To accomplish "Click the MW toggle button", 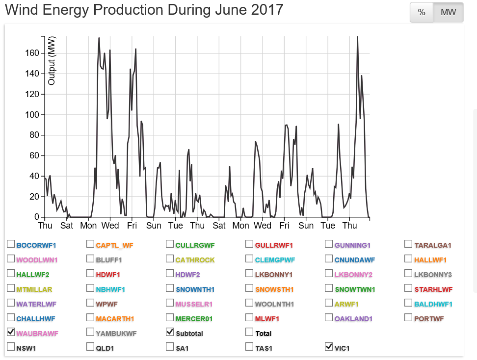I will (448, 13).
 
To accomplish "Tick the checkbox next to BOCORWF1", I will (11, 244).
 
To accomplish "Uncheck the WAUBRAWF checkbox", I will (11, 332).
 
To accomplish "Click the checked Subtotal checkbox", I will (170, 332).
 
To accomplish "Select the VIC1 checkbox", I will (329, 347).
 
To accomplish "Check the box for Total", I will (249, 332).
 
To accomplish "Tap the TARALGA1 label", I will (432, 245).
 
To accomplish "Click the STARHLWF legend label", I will (433, 289).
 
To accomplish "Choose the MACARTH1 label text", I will (115, 319).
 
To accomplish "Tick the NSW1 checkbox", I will (11, 347).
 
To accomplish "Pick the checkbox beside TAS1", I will (249, 347).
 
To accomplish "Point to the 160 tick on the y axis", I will (32, 53).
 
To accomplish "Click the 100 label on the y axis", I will (32, 115).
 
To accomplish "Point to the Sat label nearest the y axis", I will (67, 226).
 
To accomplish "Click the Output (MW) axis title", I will (52, 60).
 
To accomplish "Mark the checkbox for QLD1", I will (90, 347).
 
